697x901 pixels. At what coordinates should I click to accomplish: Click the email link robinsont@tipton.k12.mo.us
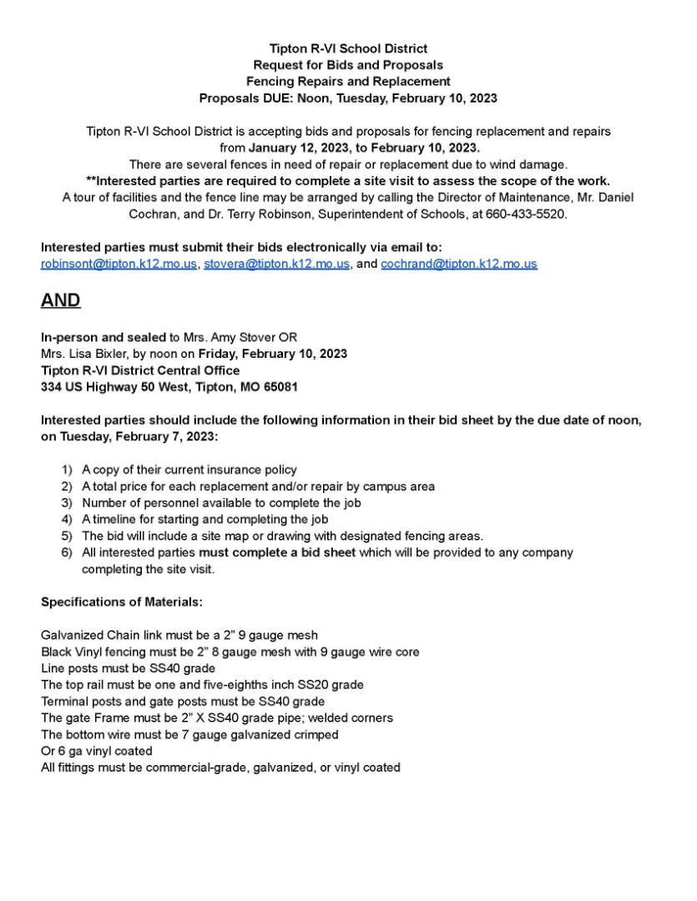click(x=119, y=264)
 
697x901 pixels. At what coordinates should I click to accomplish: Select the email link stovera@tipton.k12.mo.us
click(x=277, y=264)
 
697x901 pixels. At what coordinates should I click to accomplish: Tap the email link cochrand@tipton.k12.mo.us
click(x=459, y=264)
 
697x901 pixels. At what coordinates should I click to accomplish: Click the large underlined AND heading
click(x=61, y=300)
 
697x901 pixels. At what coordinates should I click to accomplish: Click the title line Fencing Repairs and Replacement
click(x=348, y=81)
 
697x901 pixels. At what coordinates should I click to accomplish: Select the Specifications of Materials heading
click(x=122, y=602)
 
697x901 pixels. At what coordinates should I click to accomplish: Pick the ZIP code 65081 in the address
click(x=281, y=387)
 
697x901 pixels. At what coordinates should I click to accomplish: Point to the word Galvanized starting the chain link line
click(x=72, y=635)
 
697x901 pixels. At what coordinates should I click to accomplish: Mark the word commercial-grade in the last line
click(x=187, y=768)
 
